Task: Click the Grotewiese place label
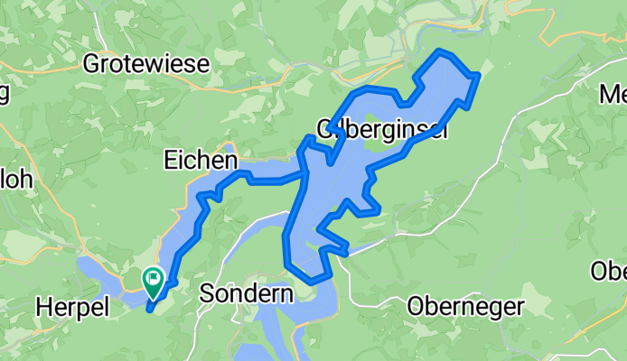[x=145, y=64]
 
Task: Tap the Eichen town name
[x=201, y=161]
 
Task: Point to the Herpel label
[x=71, y=307]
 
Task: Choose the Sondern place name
[x=246, y=294]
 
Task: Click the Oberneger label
[x=465, y=307]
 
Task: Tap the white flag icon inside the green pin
[x=153, y=279]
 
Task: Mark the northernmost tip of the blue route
[x=439, y=51]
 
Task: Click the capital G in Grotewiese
[x=90, y=64]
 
